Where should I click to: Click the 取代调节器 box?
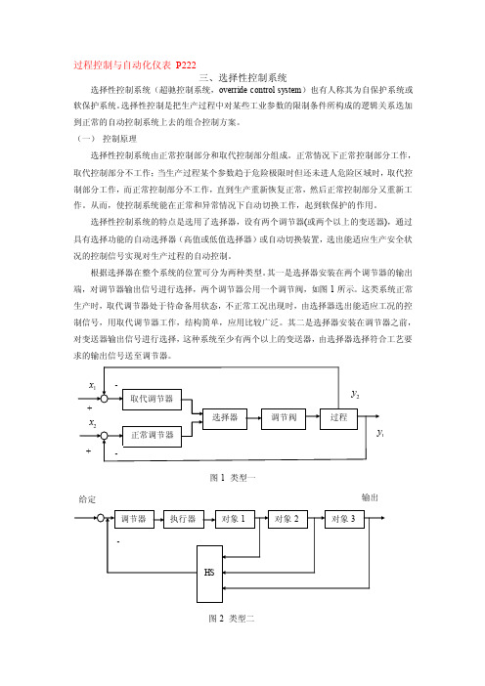(x=152, y=399)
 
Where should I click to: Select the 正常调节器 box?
(x=152, y=436)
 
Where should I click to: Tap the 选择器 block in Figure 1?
(x=225, y=418)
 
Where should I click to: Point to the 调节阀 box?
(x=284, y=418)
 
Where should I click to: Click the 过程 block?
(x=338, y=418)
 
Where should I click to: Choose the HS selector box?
(x=209, y=574)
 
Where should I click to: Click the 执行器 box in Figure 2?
(x=183, y=519)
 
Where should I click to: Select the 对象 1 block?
(x=235, y=519)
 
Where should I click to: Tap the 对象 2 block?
(x=287, y=519)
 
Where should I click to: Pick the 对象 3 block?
(x=344, y=519)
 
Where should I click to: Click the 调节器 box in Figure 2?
(x=134, y=519)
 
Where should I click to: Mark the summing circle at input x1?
(x=105, y=399)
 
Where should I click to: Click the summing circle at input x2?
(x=105, y=436)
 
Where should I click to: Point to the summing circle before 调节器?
(x=101, y=519)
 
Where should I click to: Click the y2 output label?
(x=355, y=394)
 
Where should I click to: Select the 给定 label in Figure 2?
(x=87, y=499)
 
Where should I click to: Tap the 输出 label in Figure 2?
(x=370, y=497)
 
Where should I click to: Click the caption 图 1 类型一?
(x=233, y=478)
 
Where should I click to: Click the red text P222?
(x=186, y=65)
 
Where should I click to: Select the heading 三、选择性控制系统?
(x=242, y=78)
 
